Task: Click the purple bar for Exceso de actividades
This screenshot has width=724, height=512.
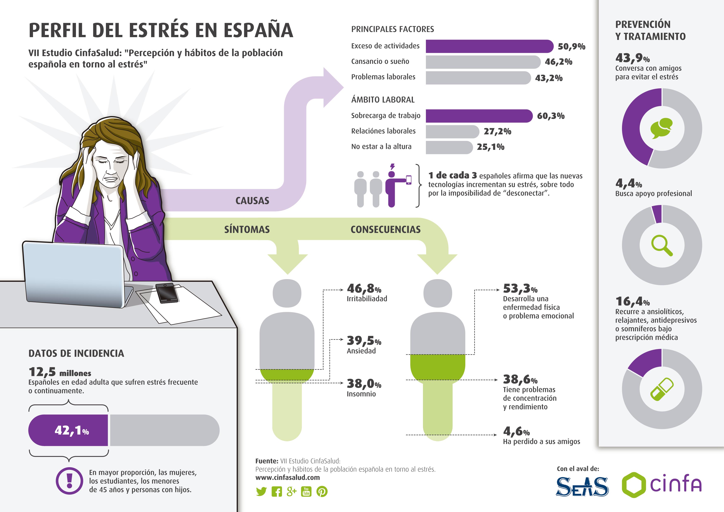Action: coord(489,46)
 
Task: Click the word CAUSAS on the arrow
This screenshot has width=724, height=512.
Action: coord(252,201)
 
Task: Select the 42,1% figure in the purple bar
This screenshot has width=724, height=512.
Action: coord(72,430)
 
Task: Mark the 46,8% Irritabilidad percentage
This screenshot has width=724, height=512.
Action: coord(364,288)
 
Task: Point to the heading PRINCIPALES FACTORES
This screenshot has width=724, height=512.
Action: coord(393,29)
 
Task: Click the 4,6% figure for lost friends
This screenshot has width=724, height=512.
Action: coord(516,431)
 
